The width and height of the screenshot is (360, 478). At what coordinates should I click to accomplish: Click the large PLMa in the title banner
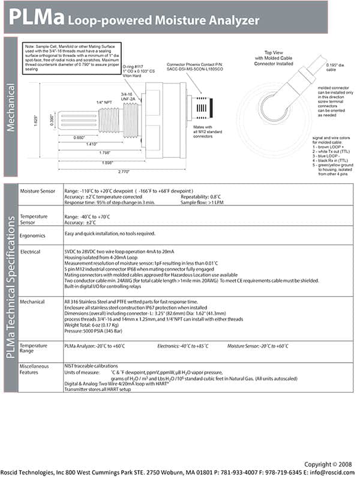pyautogui.click(x=35, y=18)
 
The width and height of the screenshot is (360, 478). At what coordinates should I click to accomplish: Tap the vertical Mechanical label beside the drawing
pyautogui.click(x=11, y=106)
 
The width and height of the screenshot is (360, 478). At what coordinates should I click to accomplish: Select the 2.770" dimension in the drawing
pyautogui.click(x=123, y=172)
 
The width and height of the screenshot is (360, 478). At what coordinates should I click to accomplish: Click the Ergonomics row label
pyautogui.click(x=33, y=235)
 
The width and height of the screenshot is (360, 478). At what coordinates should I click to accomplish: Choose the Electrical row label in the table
pyautogui.click(x=31, y=252)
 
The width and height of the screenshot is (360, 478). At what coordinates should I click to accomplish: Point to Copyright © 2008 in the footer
pyautogui.click(x=329, y=464)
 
